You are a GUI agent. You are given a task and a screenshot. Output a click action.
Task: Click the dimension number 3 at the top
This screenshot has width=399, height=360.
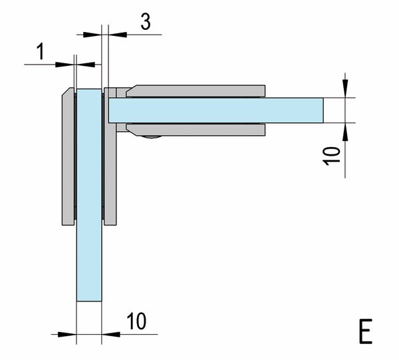point(146,22)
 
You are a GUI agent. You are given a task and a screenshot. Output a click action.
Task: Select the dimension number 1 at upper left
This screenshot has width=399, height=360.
point(41,51)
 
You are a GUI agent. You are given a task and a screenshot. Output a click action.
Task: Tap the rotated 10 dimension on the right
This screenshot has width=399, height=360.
point(331,156)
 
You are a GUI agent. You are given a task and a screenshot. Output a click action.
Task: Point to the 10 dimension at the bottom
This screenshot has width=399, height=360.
point(136,321)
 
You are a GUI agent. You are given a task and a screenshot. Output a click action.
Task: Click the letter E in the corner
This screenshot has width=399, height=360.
point(365,331)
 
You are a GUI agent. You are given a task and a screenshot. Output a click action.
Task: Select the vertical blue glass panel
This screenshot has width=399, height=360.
point(89,195)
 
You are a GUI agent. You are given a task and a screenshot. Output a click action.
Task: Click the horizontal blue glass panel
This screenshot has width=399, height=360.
point(216,110)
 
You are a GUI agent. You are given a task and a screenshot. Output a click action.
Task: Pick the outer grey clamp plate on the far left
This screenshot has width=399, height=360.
point(68,156)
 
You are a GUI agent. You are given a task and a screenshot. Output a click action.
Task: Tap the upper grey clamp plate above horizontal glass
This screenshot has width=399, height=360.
point(196,91)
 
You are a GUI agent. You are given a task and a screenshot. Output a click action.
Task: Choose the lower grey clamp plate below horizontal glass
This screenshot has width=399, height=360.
point(196,130)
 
